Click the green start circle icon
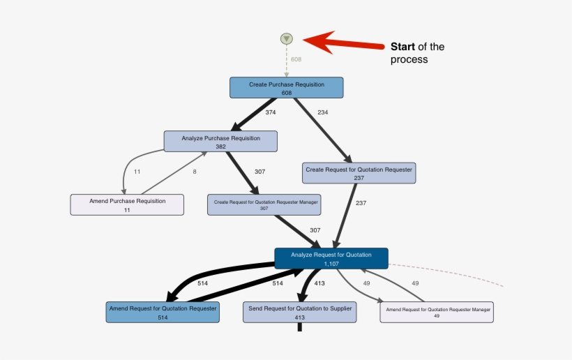pos(287,39)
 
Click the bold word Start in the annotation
pos(402,47)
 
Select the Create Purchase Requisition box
pos(287,88)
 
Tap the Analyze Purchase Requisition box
pos(220,141)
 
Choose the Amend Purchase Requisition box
pos(127,204)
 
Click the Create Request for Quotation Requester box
pos(359,173)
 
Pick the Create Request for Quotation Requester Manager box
pos(264,204)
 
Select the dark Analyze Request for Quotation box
pos(331,258)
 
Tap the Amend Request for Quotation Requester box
pos(163,312)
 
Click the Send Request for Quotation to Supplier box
pos(300,312)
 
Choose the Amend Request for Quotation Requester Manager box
pos(437,312)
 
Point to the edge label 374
pos(271,112)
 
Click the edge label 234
pos(322,112)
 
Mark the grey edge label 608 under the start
pos(296,59)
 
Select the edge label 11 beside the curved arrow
pos(137,172)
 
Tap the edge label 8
pos(195,172)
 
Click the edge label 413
pos(319,283)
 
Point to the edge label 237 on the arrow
pos(361,203)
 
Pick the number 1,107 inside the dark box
pos(331,264)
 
